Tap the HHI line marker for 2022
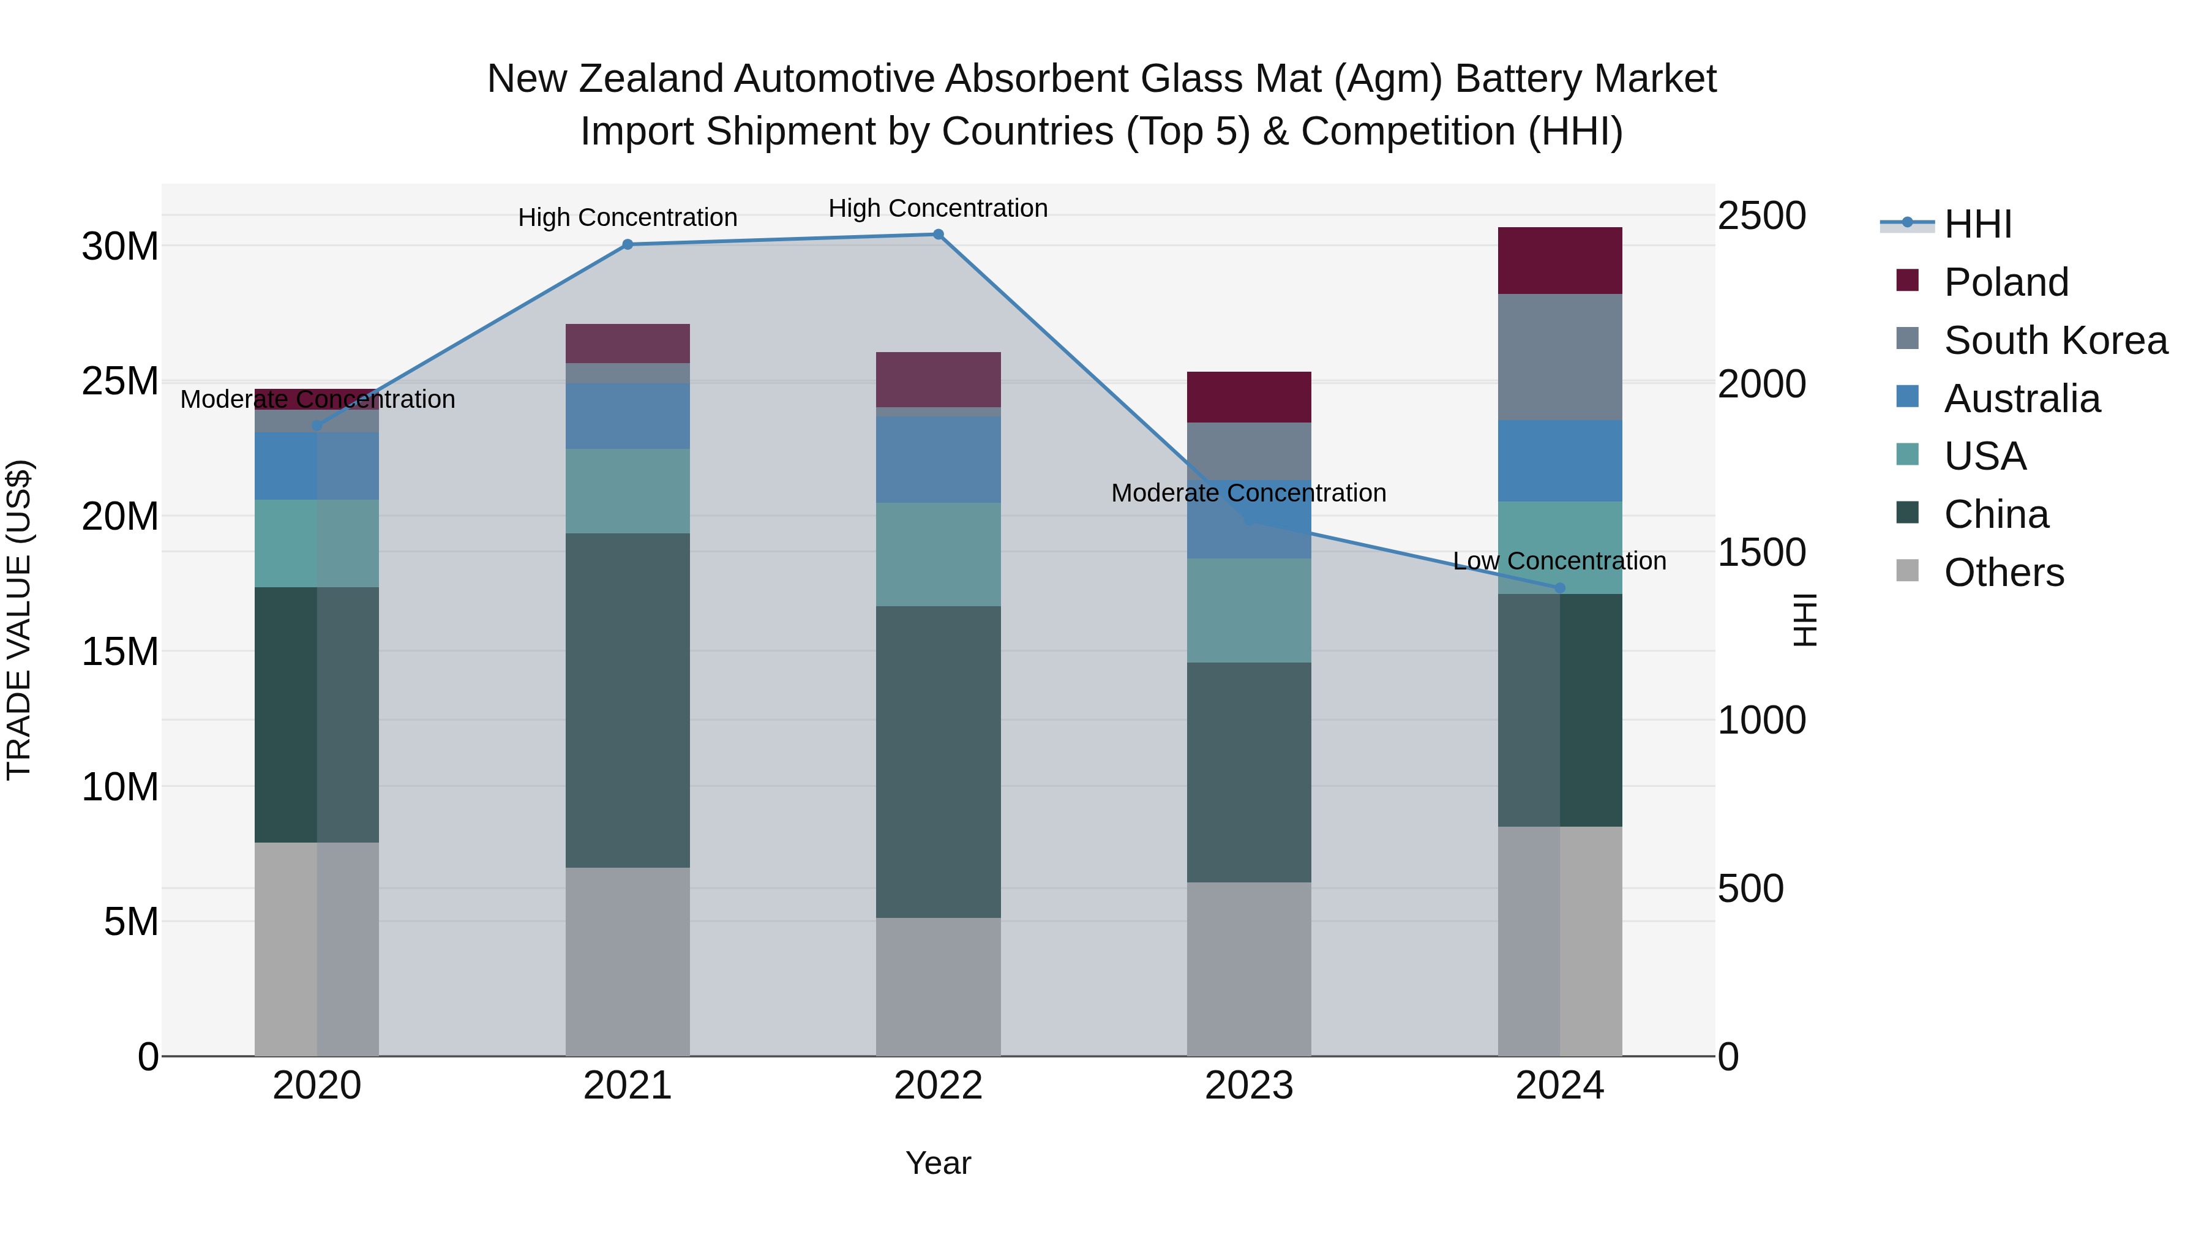tap(938, 235)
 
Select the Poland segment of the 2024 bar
tap(1560, 261)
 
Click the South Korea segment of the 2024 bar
tap(1560, 358)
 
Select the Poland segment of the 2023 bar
tap(1248, 397)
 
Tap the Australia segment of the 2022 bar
tap(938, 459)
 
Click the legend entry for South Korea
tap(2055, 340)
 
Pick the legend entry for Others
tap(2003, 573)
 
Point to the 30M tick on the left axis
tap(120, 246)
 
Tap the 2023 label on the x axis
tap(1248, 1086)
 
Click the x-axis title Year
tap(938, 1163)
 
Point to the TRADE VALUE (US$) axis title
tap(19, 620)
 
